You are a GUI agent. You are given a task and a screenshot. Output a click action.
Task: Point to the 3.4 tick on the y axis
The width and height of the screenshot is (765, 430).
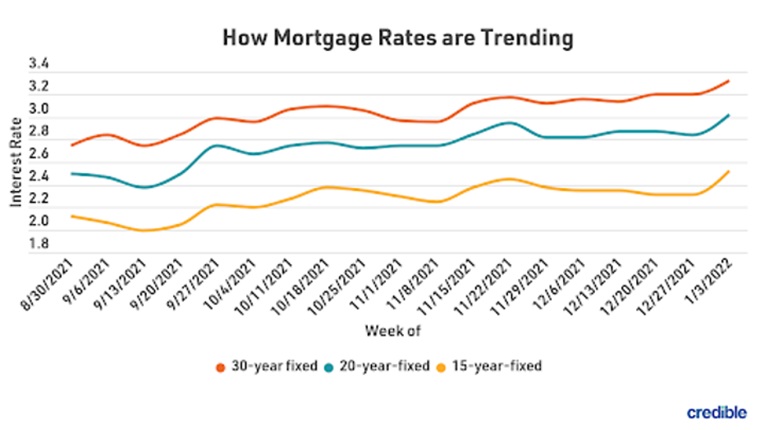(x=39, y=63)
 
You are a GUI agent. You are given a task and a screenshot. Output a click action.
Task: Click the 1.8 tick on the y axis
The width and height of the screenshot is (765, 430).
(x=39, y=243)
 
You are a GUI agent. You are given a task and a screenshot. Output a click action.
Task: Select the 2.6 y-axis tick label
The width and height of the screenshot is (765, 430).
(x=39, y=153)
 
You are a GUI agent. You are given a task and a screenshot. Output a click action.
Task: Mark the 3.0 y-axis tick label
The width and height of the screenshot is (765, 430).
(x=39, y=108)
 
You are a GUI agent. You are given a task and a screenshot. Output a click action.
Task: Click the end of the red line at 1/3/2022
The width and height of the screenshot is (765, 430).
(x=728, y=80)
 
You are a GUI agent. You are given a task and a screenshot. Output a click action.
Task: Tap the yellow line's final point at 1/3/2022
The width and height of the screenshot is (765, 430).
(x=728, y=171)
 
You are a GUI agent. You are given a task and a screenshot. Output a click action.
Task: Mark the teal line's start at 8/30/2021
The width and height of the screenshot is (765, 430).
(x=73, y=173)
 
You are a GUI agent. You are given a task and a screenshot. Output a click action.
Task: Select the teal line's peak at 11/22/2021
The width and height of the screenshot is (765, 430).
(x=510, y=123)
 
